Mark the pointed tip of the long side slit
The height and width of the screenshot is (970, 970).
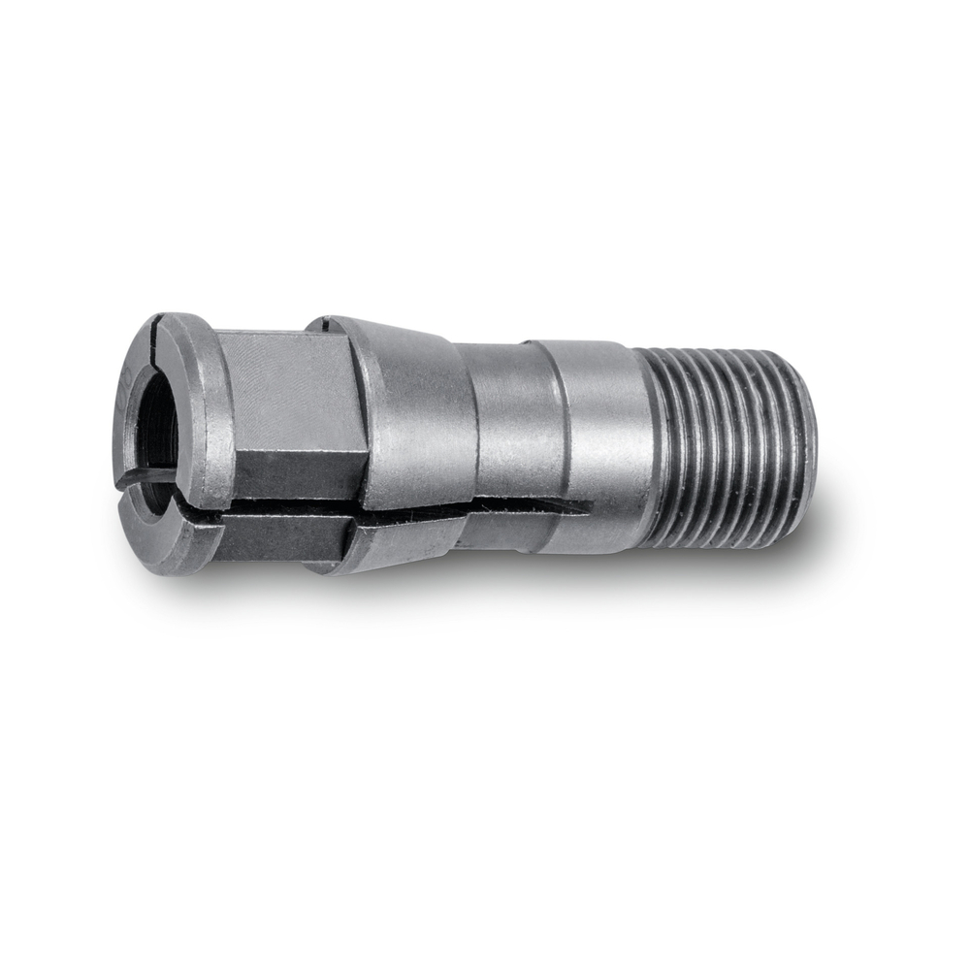tap(588, 505)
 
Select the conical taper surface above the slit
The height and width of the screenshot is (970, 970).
tap(417, 407)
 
